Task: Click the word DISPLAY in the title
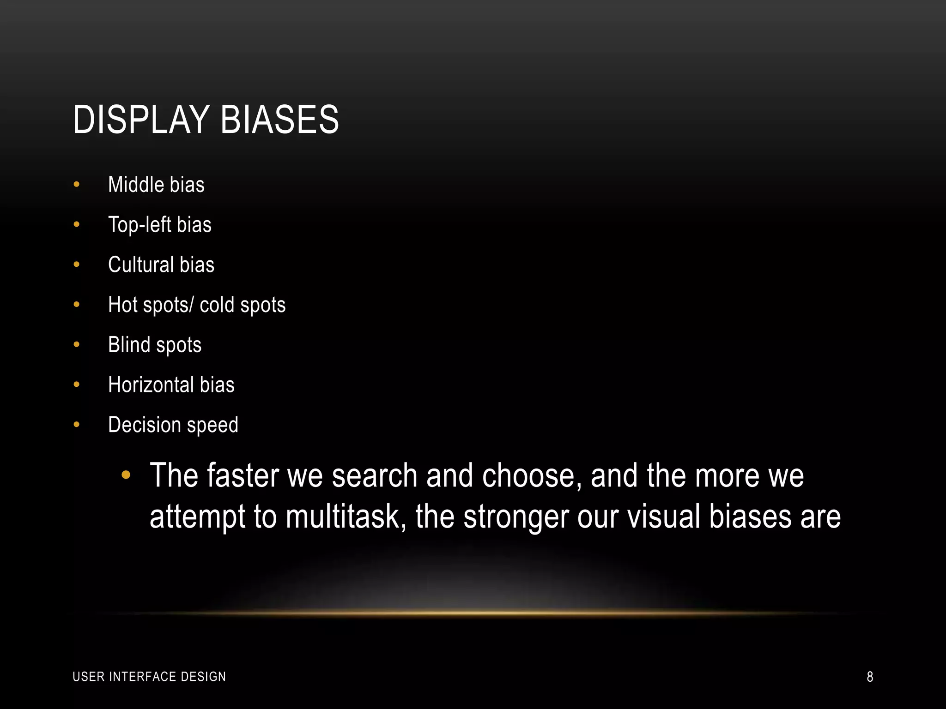click(141, 120)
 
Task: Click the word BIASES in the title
click(279, 120)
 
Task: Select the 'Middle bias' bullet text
click(156, 185)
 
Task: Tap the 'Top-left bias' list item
click(159, 225)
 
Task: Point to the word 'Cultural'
click(141, 265)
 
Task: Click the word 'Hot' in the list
click(123, 305)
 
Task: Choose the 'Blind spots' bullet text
click(155, 345)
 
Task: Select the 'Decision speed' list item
click(173, 425)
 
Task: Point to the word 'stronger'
click(516, 517)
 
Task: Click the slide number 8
click(870, 677)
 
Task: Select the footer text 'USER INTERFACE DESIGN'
click(149, 677)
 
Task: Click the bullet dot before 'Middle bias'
click(77, 185)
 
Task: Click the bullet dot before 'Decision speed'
click(77, 425)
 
